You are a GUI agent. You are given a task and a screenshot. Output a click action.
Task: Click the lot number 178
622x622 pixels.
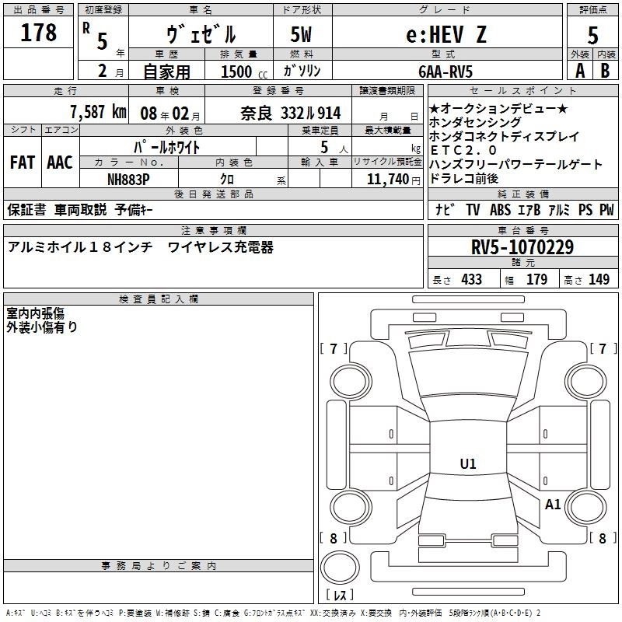point(40,33)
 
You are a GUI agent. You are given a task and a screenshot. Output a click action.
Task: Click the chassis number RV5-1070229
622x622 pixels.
point(522,247)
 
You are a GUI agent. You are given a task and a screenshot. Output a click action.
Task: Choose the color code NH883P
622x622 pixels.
point(128,179)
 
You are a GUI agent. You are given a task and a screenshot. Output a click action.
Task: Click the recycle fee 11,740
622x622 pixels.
point(383,179)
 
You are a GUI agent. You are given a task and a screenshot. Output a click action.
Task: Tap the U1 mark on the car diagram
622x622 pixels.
point(467,464)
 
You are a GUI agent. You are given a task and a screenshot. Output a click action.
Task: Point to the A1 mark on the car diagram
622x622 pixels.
point(553,505)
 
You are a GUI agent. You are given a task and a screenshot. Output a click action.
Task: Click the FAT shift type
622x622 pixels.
point(22,162)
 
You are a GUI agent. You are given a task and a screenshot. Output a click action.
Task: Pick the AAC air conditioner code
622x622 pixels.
point(60,162)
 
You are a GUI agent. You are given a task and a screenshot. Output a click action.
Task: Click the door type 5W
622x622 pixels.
point(302,34)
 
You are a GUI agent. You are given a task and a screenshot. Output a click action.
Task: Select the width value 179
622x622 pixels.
point(536,280)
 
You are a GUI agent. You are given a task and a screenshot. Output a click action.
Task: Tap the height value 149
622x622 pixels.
point(599,280)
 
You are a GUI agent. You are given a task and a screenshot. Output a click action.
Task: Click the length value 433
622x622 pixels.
point(471,280)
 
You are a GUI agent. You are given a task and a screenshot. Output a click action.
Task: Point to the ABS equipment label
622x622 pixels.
point(500,210)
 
